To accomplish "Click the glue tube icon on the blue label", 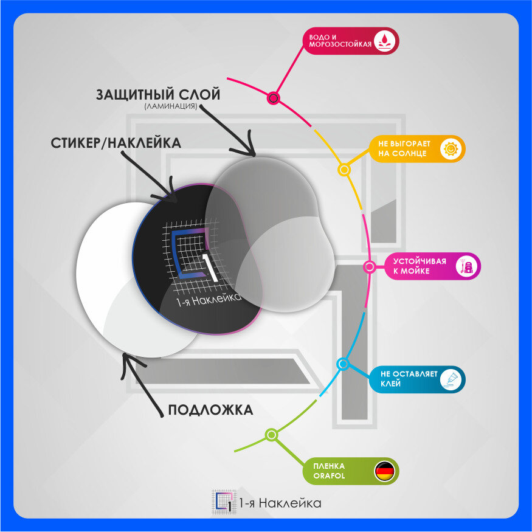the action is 451,379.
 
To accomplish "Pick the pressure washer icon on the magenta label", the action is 467,266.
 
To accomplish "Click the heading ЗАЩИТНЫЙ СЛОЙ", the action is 157,95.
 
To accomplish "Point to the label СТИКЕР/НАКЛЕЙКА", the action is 116,143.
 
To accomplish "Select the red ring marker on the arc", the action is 274,97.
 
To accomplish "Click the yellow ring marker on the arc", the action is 344,170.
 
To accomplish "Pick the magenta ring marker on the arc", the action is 368,266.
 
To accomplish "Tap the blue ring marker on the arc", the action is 343,364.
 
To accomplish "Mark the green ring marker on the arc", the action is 271,435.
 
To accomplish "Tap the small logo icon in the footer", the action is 223,502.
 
